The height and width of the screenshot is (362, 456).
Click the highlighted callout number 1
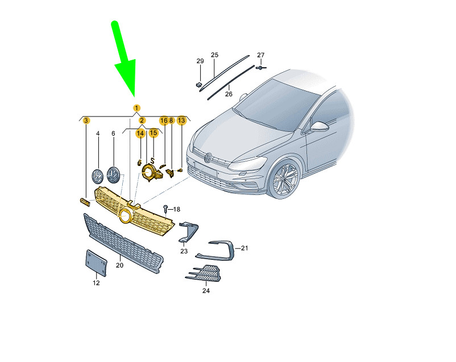tap(136, 108)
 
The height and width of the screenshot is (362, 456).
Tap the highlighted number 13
tap(181, 120)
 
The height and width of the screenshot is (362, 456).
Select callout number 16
tap(164, 120)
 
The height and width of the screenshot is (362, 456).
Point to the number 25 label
tap(214, 55)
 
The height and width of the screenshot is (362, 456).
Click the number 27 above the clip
tap(261, 55)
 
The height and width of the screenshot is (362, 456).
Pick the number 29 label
tap(200, 61)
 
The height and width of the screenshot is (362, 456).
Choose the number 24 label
tap(206, 290)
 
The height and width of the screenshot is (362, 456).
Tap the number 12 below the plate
tap(96, 283)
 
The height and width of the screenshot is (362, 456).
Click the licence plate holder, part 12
tap(96, 263)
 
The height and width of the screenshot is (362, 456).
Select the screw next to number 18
tap(165, 208)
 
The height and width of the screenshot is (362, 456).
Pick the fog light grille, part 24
tap(204, 273)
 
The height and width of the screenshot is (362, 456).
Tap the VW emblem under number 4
tap(97, 176)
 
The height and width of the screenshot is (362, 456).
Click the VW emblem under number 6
tap(113, 175)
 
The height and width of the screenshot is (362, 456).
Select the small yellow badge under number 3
tap(85, 202)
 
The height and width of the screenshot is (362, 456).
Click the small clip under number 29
tap(198, 85)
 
